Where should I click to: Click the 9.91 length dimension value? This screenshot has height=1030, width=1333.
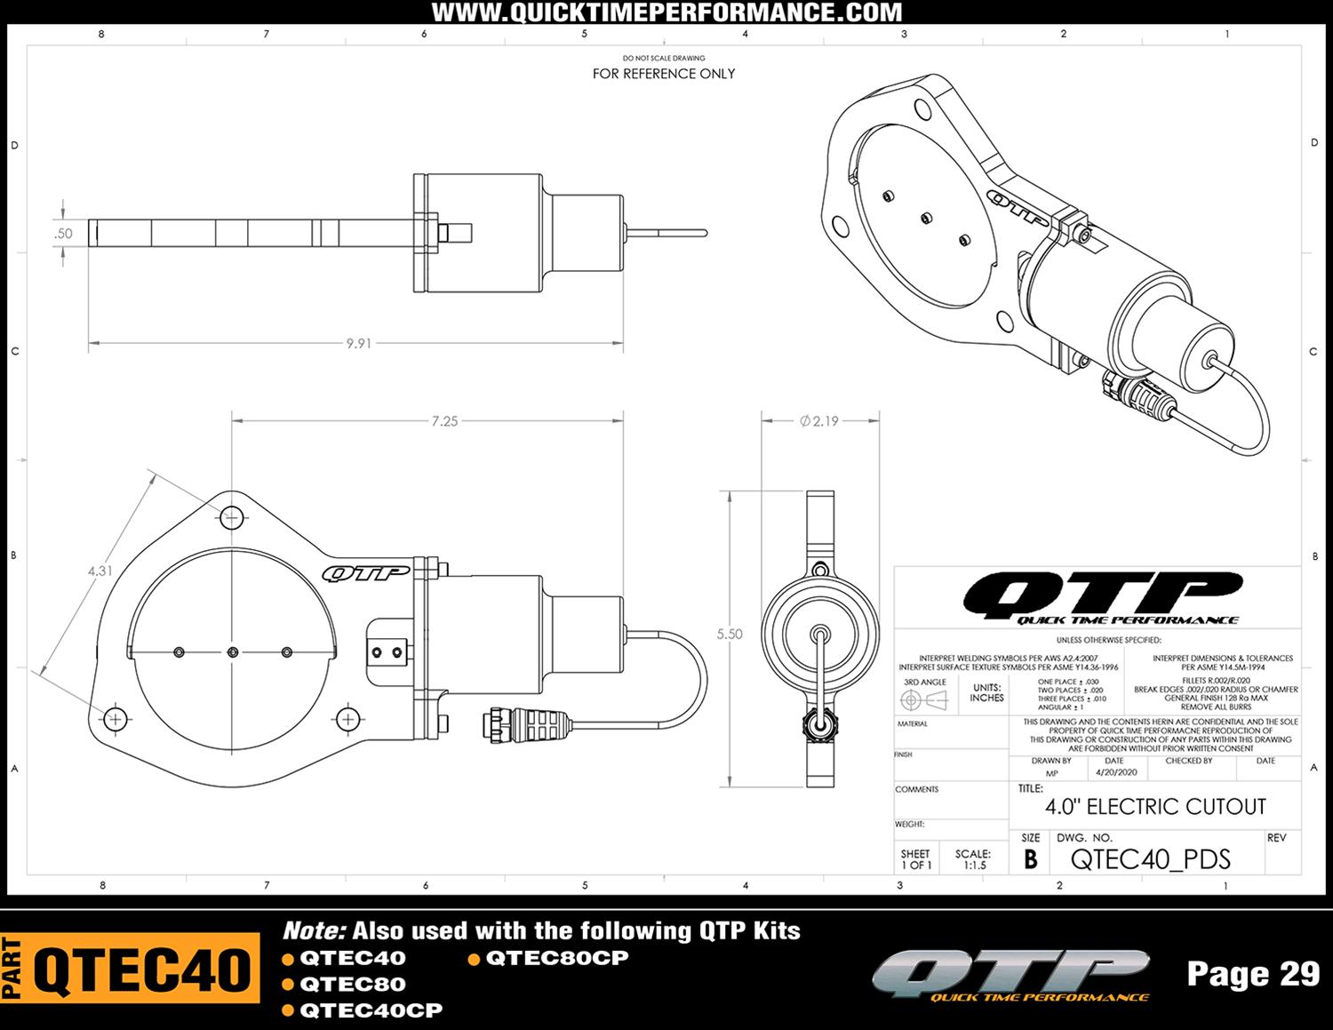click(x=359, y=343)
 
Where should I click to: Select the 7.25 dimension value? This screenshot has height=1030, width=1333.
click(x=444, y=421)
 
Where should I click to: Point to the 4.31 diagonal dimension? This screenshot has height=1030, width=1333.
click(x=100, y=571)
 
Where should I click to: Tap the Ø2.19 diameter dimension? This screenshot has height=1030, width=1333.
click(x=819, y=421)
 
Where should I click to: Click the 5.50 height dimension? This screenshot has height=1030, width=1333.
click(x=730, y=635)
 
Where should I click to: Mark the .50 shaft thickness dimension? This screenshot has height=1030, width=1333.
click(x=63, y=234)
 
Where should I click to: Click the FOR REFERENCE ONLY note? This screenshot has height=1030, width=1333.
click(x=664, y=74)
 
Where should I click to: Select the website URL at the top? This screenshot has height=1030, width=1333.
click(x=666, y=12)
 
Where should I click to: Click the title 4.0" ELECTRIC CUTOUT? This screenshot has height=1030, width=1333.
click(x=1155, y=807)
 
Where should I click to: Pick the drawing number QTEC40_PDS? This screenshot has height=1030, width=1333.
click(x=1151, y=859)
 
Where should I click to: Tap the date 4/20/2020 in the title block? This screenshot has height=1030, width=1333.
click(x=1116, y=772)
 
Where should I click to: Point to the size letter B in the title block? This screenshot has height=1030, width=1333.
click(x=1031, y=860)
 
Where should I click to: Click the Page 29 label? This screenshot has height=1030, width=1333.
click(x=1253, y=974)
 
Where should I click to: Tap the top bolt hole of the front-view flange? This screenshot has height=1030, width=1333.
click(x=232, y=515)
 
